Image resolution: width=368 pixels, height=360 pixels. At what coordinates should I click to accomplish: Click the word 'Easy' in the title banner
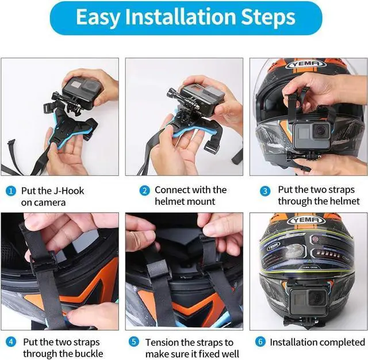pyautogui.click(x=98, y=18)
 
